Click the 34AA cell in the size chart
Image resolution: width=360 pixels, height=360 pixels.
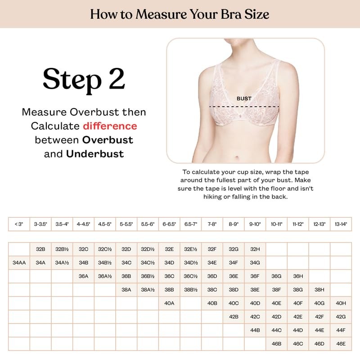pyautogui.click(x=18, y=262)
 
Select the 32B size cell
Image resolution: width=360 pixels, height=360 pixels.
pyautogui.click(x=40, y=249)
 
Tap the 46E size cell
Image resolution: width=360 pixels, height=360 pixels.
pyautogui.click(x=341, y=343)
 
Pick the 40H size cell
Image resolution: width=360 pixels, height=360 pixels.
pyautogui.click(x=341, y=303)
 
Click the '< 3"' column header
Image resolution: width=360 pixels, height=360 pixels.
pyautogui.click(x=18, y=224)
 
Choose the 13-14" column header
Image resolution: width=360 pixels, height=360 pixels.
pyautogui.click(x=341, y=224)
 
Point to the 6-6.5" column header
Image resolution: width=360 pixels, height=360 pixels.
pyautogui.click(x=169, y=224)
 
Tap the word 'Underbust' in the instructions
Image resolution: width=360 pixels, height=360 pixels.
pyautogui.click(x=95, y=153)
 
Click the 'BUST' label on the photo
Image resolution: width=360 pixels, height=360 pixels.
pyautogui.click(x=244, y=99)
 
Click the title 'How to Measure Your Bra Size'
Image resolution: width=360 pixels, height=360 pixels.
pyautogui.click(x=180, y=13)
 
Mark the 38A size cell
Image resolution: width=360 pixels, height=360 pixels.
pyautogui.click(x=126, y=289)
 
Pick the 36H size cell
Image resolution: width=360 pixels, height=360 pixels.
pyautogui.click(x=298, y=276)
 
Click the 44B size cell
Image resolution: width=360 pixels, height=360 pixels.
pyautogui.click(x=255, y=330)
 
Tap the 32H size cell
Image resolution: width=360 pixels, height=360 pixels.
pyautogui.click(x=255, y=249)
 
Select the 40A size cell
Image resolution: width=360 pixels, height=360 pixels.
pyautogui.click(x=169, y=303)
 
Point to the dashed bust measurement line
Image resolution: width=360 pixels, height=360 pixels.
pyautogui.click(x=245, y=107)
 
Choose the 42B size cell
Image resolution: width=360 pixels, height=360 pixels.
pyautogui.click(x=234, y=316)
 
